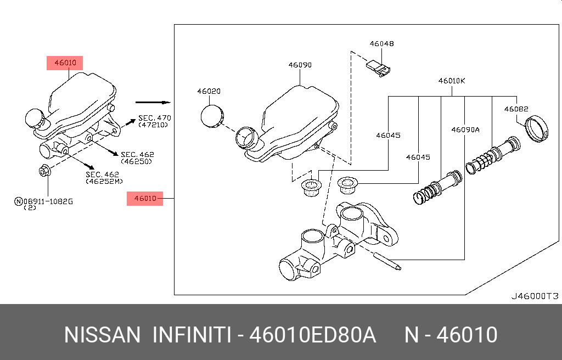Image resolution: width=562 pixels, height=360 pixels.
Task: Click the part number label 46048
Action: pyautogui.click(x=381, y=43)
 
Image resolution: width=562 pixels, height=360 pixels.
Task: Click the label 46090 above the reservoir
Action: pyautogui.click(x=300, y=65)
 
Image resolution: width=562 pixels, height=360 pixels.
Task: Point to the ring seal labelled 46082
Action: pyautogui.click(x=537, y=130)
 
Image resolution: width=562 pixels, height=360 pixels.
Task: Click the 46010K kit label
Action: pyautogui.click(x=452, y=81)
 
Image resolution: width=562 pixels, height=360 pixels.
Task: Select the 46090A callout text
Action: pyautogui.click(x=465, y=130)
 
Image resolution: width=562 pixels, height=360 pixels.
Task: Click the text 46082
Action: pyautogui.click(x=516, y=109)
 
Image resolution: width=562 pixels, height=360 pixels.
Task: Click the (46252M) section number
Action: pyautogui.click(x=104, y=181)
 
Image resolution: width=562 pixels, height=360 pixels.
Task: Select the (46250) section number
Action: pyautogui.click(x=137, y=161)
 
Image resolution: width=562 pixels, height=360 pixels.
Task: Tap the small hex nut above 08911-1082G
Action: pyautogui.click(x=45, y=171)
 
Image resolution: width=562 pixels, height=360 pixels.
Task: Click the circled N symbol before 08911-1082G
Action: pyautogui.click(x=18, y=201)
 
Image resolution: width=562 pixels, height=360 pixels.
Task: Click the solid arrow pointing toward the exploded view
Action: pyautogui.click(x=153, y=102)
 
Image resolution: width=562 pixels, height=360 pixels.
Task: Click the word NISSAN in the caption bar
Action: pyautogui.click(x=102, y=335)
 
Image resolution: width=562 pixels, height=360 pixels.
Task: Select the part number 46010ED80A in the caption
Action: pyautogui.click(x=313, y=335)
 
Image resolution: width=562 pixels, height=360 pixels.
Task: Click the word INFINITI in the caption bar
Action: pyautogui.click(x=191, y=335)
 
